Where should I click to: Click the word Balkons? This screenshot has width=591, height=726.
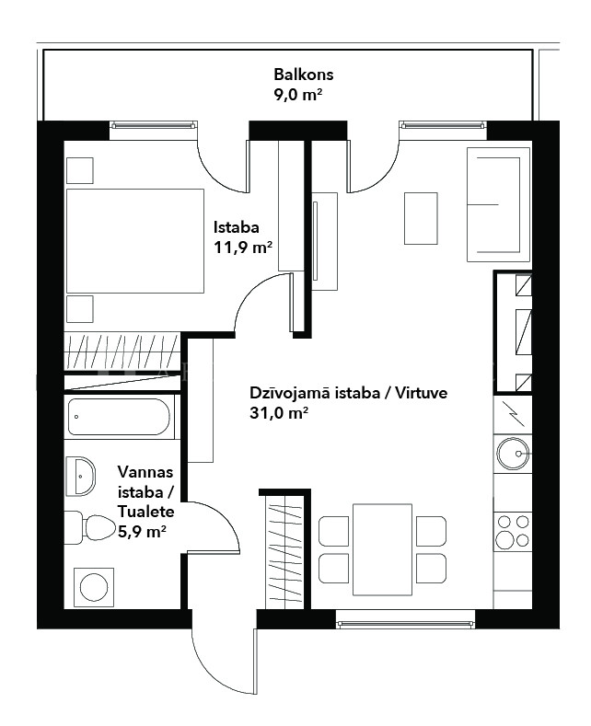click(x=304, y=75)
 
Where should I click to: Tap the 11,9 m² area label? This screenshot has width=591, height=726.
click(x=242, y=248)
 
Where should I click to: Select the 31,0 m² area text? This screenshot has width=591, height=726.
click(x=279, y=412)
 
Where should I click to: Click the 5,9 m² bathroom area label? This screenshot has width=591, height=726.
click(x=142, y=532)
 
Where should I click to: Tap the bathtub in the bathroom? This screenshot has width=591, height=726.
click(x=119, y=417)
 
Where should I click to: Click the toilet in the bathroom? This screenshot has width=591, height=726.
click(x=89, y=527)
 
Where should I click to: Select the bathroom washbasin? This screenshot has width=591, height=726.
click(x=80, y=476)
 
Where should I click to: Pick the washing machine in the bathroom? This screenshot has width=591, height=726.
click(x=94, y=587)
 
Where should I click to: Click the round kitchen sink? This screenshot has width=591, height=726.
click(x=512, y=454)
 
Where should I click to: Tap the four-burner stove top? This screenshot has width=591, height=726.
click(x=512, y=532)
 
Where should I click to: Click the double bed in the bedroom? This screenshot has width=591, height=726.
click(x=135, y=240)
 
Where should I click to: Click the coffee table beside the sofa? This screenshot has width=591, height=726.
click(x=421, y=218)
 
